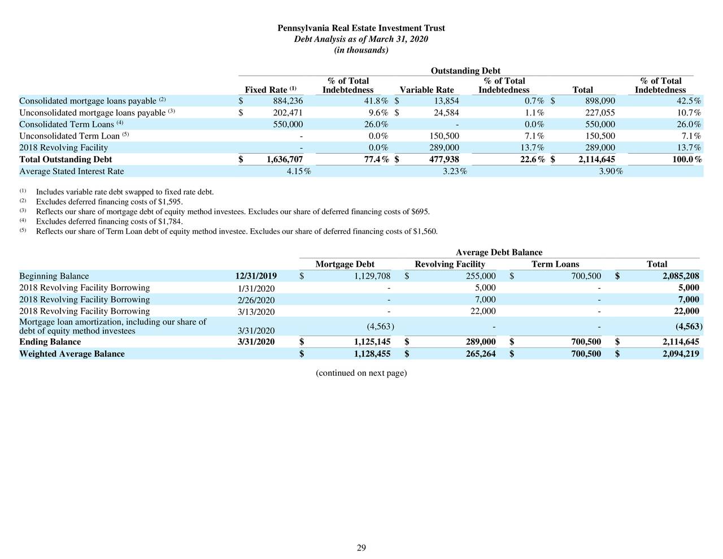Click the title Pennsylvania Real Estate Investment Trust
[x=361, y=28]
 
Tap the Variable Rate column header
[x=426, y=90]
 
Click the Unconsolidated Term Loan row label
[x=69, y=136]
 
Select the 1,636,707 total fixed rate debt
[x=280, y=159]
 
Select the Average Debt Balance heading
[x=499, y=253]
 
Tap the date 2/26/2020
[x=256, y=300]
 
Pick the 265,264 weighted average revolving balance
[x=478, y=354]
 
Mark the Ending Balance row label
[x=50, y=342]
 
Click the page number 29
[x=361, y=548]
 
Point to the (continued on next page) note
[x=361, y=373]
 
